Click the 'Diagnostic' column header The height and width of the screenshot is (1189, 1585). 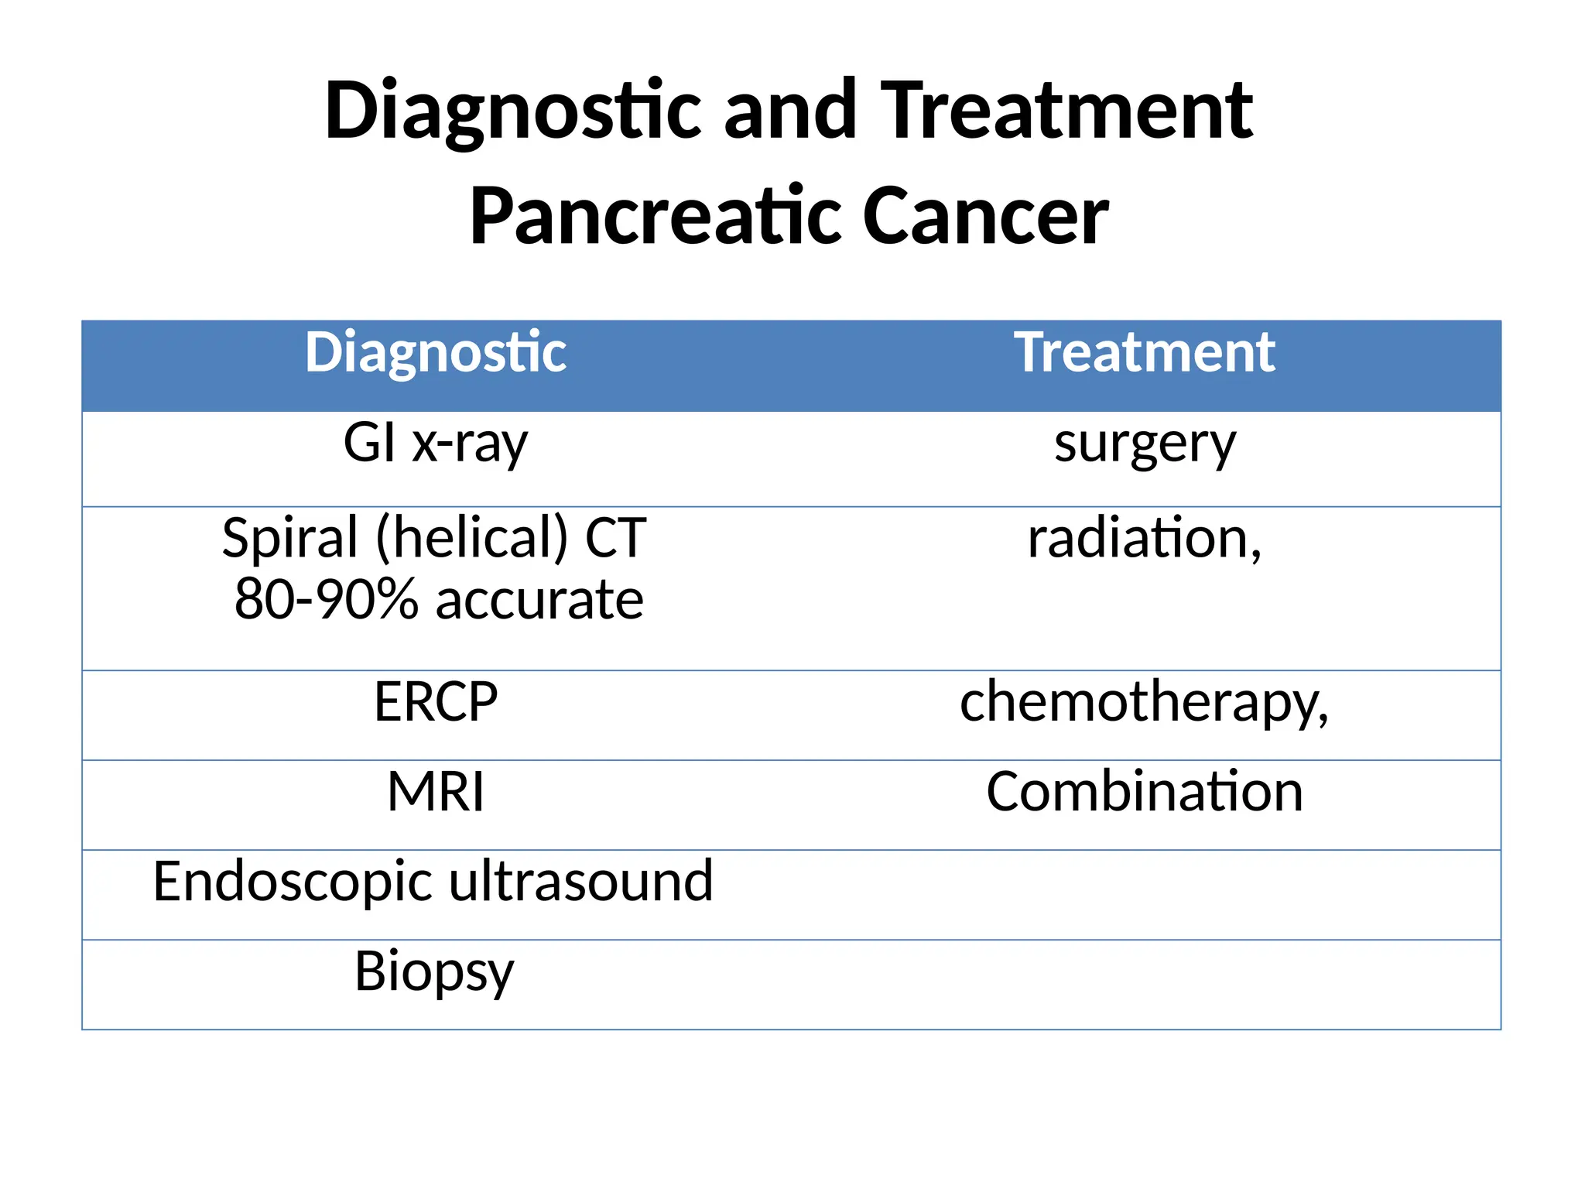point(436,353)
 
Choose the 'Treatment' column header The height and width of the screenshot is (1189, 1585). point(1144,353)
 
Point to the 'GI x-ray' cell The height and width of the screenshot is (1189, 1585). point(436,444)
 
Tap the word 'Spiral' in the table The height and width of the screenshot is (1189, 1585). point(290,538)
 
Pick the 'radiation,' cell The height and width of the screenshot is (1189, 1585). point(1144,538)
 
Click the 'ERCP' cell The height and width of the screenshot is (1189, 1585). point(436,702)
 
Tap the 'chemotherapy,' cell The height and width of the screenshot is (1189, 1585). point(1144,703)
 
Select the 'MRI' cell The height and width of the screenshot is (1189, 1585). point(436,792)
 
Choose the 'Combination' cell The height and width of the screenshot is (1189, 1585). point(1144,792)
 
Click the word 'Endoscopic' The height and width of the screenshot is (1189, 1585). point(293,882)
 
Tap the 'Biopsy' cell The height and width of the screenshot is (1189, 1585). point(434,972)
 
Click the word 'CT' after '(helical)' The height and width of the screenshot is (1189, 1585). point(616,538)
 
